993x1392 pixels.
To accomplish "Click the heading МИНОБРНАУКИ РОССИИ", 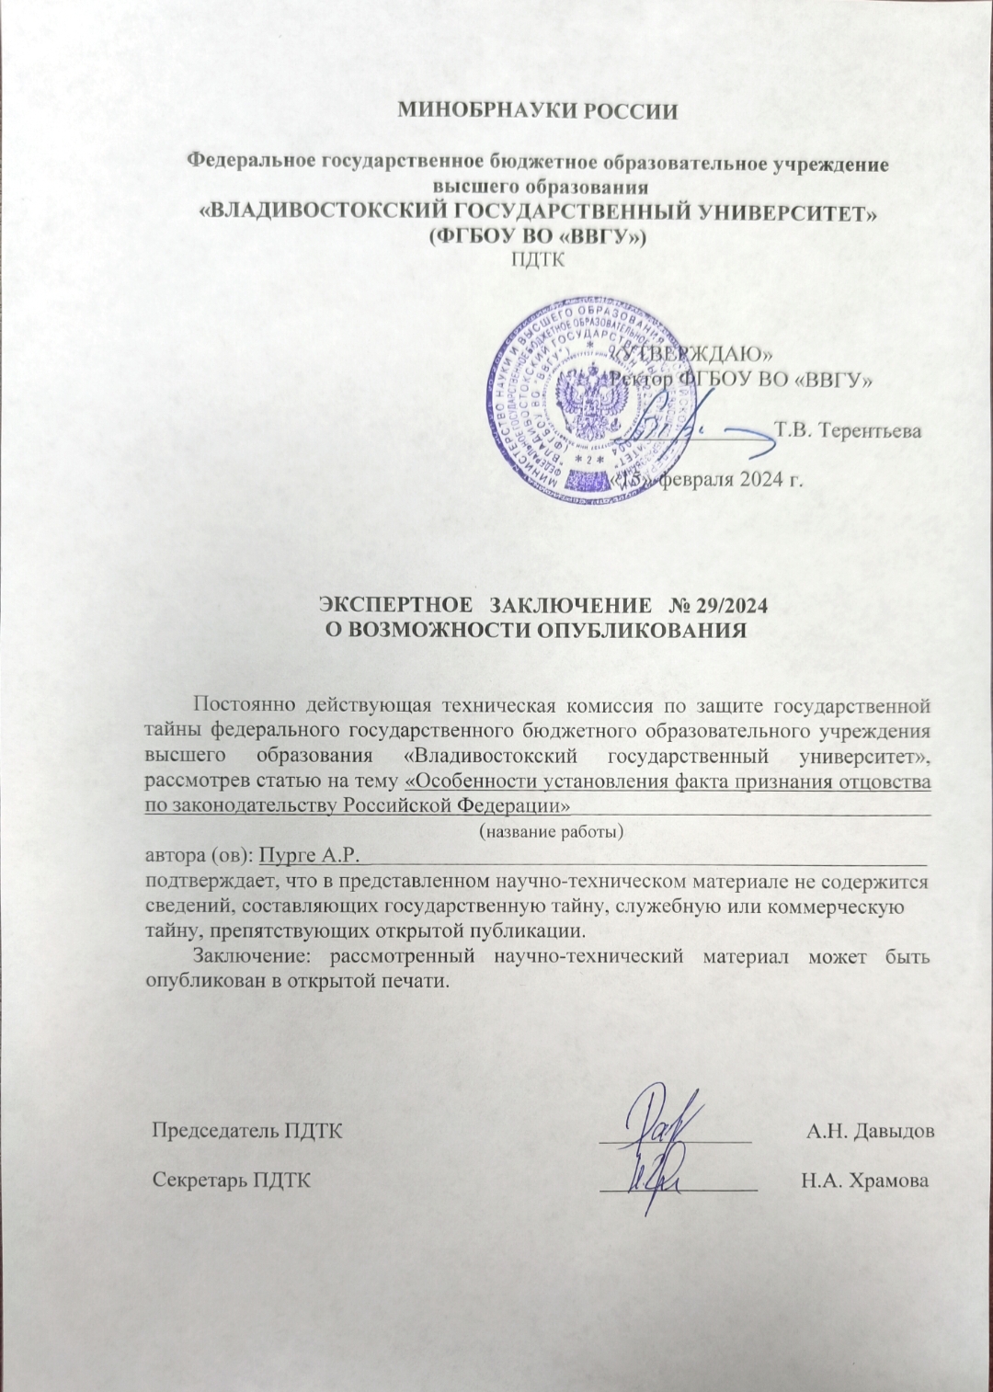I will pos(537,112).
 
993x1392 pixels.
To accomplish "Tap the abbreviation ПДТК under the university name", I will pos(537,258).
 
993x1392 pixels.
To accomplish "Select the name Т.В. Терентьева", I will pos(848,429).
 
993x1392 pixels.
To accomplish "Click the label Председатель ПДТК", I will pos(247,1131).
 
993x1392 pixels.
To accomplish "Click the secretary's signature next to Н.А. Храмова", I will pos(656,1177).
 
